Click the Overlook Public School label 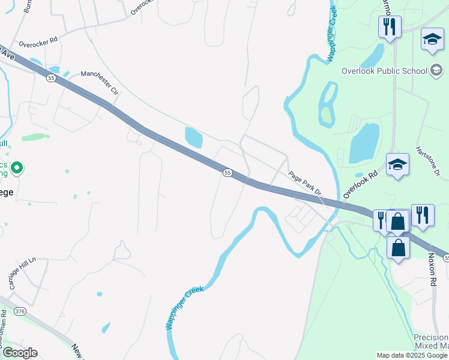pos(384,71)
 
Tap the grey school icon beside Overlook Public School pos(437,70)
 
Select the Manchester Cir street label pos(100,82)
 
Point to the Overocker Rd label pos(38,43)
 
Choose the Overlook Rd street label pos(360,184)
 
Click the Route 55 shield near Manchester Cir pos(52,78)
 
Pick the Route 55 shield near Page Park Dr pos(228,173)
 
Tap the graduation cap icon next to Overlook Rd pos(397,165)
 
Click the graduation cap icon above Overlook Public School pos(432,40)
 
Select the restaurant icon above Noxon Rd pos(423,215)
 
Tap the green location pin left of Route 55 pos(17,169)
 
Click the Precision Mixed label pos(431,342)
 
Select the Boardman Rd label pos(4,329)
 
